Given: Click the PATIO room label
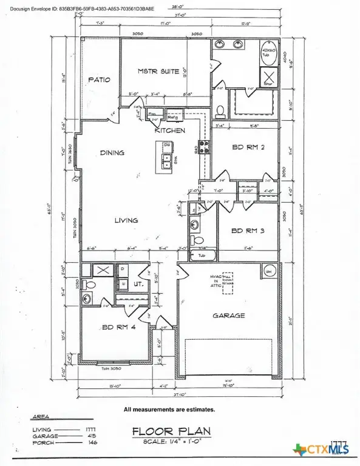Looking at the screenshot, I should [99, 79].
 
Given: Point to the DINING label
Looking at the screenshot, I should [112, 153].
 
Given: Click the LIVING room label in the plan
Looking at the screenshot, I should [126, 220].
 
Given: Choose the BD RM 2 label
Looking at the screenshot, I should [247, 147].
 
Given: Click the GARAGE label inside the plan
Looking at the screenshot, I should [228, 316].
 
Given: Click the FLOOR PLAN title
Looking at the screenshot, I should [171, 431].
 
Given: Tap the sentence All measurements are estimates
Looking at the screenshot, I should [169, 409].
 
